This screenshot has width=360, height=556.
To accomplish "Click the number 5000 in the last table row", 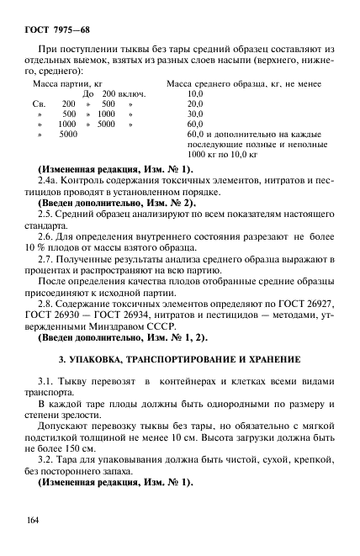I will pyautogui.click(x=68, y=133).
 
